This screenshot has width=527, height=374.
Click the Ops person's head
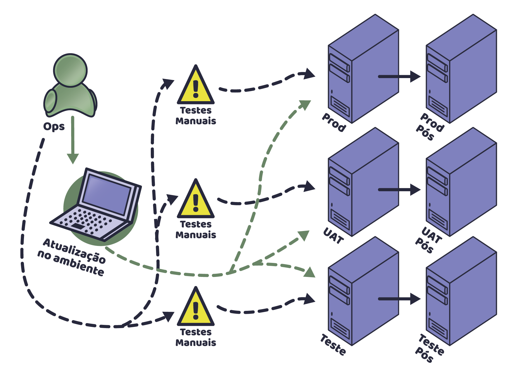70,70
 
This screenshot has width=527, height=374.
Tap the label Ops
54,127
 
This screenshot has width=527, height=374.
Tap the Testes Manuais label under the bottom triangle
196,337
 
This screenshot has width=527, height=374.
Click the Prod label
334,122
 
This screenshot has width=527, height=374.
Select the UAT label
333,236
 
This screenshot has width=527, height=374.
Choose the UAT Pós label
429,240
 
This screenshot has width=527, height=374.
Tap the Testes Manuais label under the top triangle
196,116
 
